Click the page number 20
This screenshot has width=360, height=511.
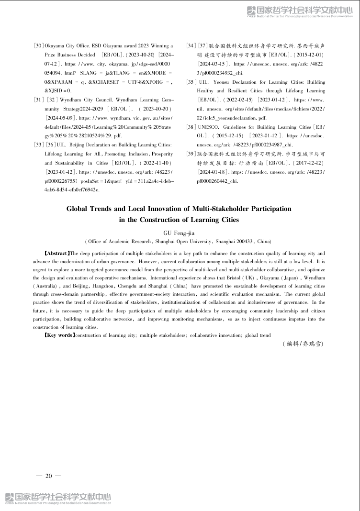[x=48, y=476]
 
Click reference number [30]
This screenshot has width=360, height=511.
[x=38, y=45]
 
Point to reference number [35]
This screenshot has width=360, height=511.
[x=191, y=82]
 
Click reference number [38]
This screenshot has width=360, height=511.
[x=191, y=127]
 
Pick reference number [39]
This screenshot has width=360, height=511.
[x=191, y=154]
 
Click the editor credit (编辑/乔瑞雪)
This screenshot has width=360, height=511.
[x=304, y=344]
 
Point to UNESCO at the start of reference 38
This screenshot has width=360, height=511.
[x=208, y=127]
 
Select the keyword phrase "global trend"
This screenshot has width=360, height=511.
[x=258, y=335]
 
